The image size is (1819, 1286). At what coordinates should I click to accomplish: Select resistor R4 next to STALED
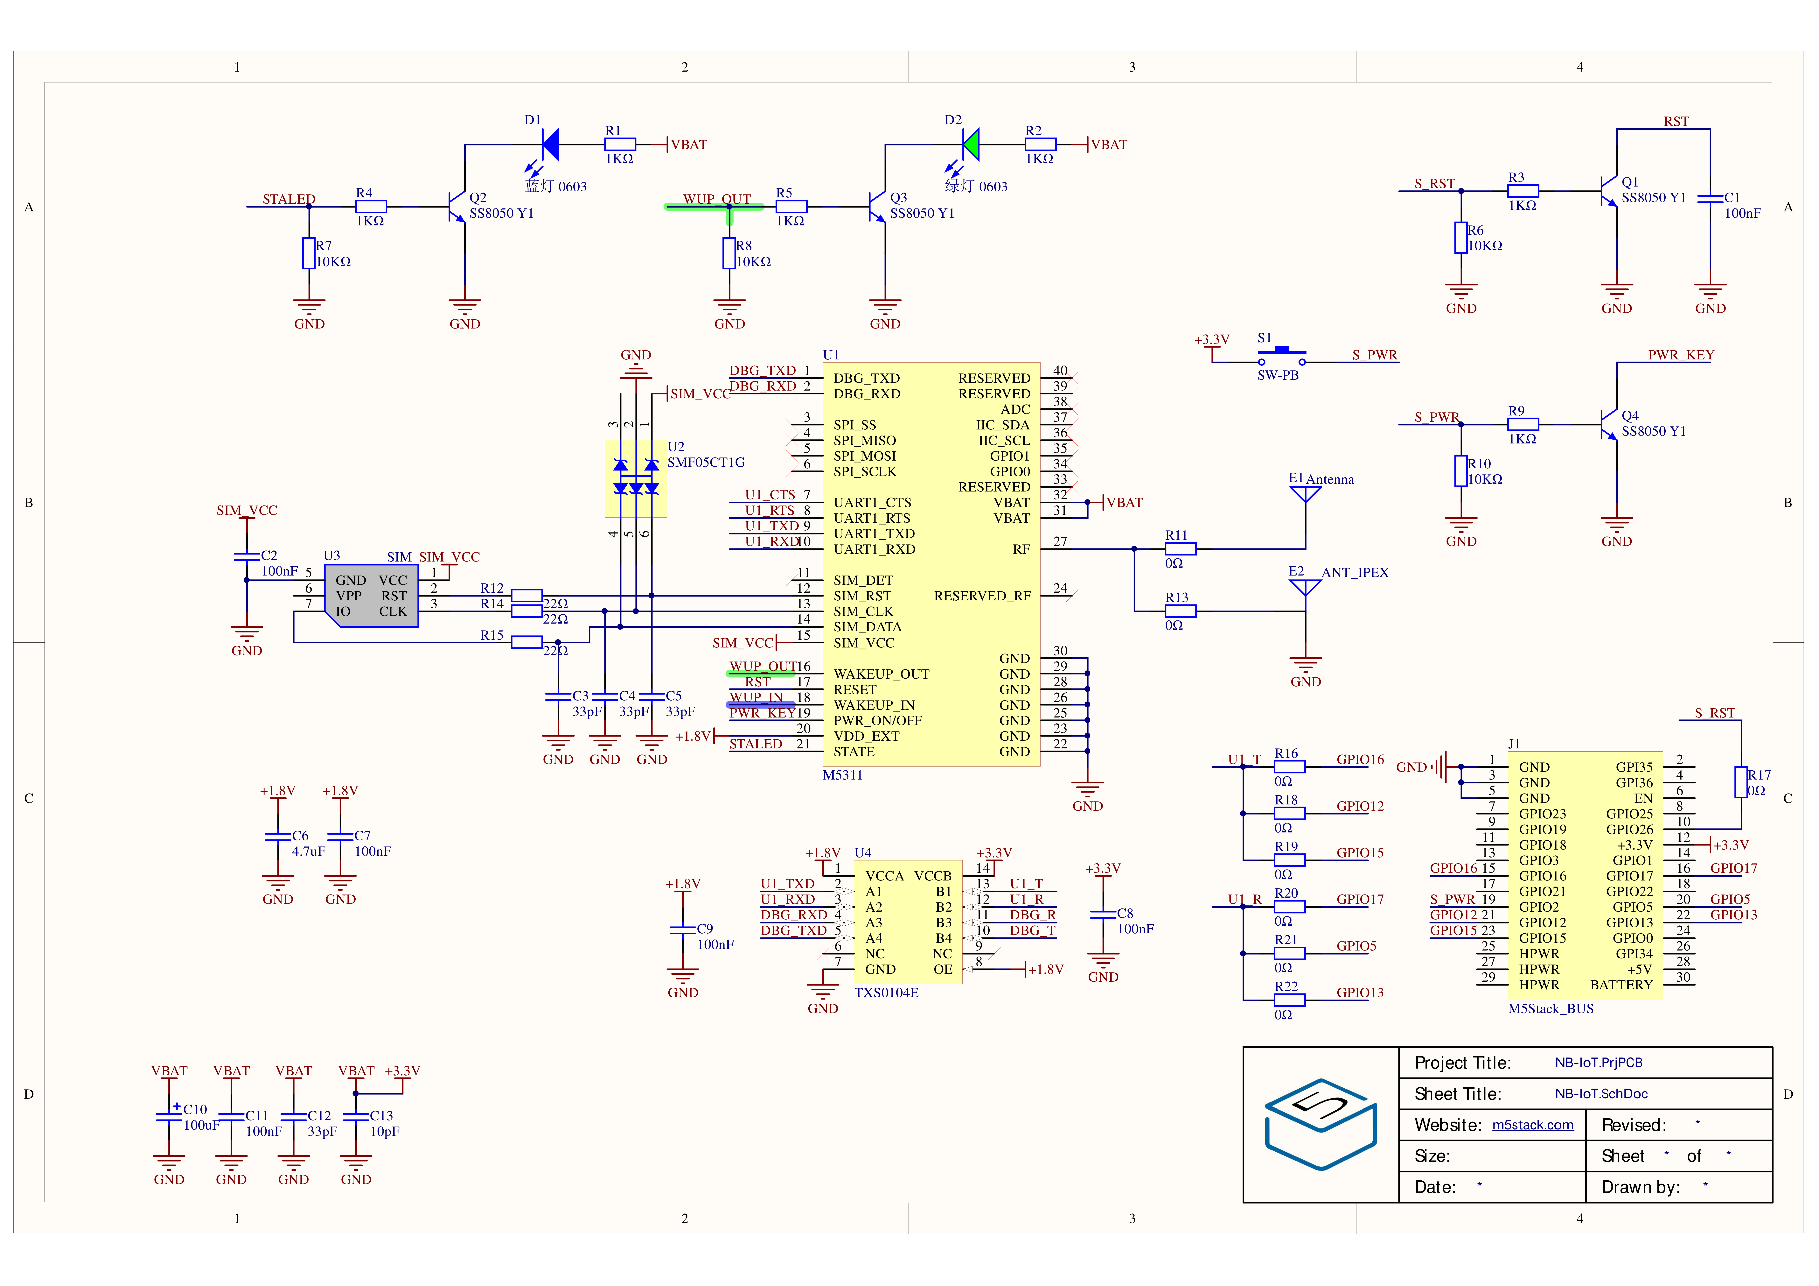pos(370,206)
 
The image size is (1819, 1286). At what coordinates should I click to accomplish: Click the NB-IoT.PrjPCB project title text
pos(1598,1063)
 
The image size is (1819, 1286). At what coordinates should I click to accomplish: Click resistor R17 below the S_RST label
pos(1741,782)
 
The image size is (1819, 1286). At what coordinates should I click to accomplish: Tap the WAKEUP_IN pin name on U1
pos(874,705)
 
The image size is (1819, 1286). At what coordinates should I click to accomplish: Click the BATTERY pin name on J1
pos(1621,985)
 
